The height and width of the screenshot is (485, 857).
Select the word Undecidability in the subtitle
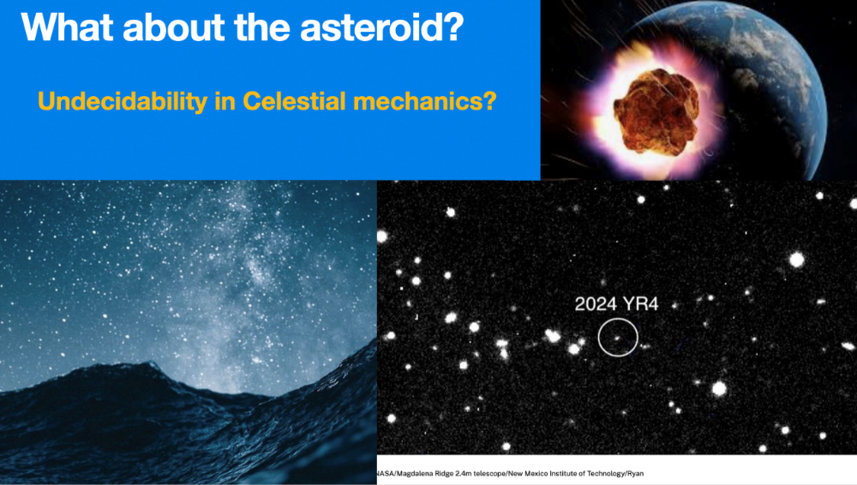123,102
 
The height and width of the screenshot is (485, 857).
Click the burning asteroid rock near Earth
657,111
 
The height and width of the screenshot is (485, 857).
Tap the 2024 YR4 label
616,303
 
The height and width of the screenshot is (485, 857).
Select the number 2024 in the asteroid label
596,303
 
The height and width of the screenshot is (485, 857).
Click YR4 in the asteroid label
640,303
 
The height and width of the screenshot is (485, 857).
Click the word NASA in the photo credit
386,474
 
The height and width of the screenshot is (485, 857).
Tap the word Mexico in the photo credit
536,474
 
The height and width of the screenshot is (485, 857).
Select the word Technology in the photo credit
605,474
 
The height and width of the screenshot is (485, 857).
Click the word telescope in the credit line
489,474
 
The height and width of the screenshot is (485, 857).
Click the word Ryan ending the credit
635,474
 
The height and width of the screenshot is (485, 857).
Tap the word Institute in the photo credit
563,474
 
